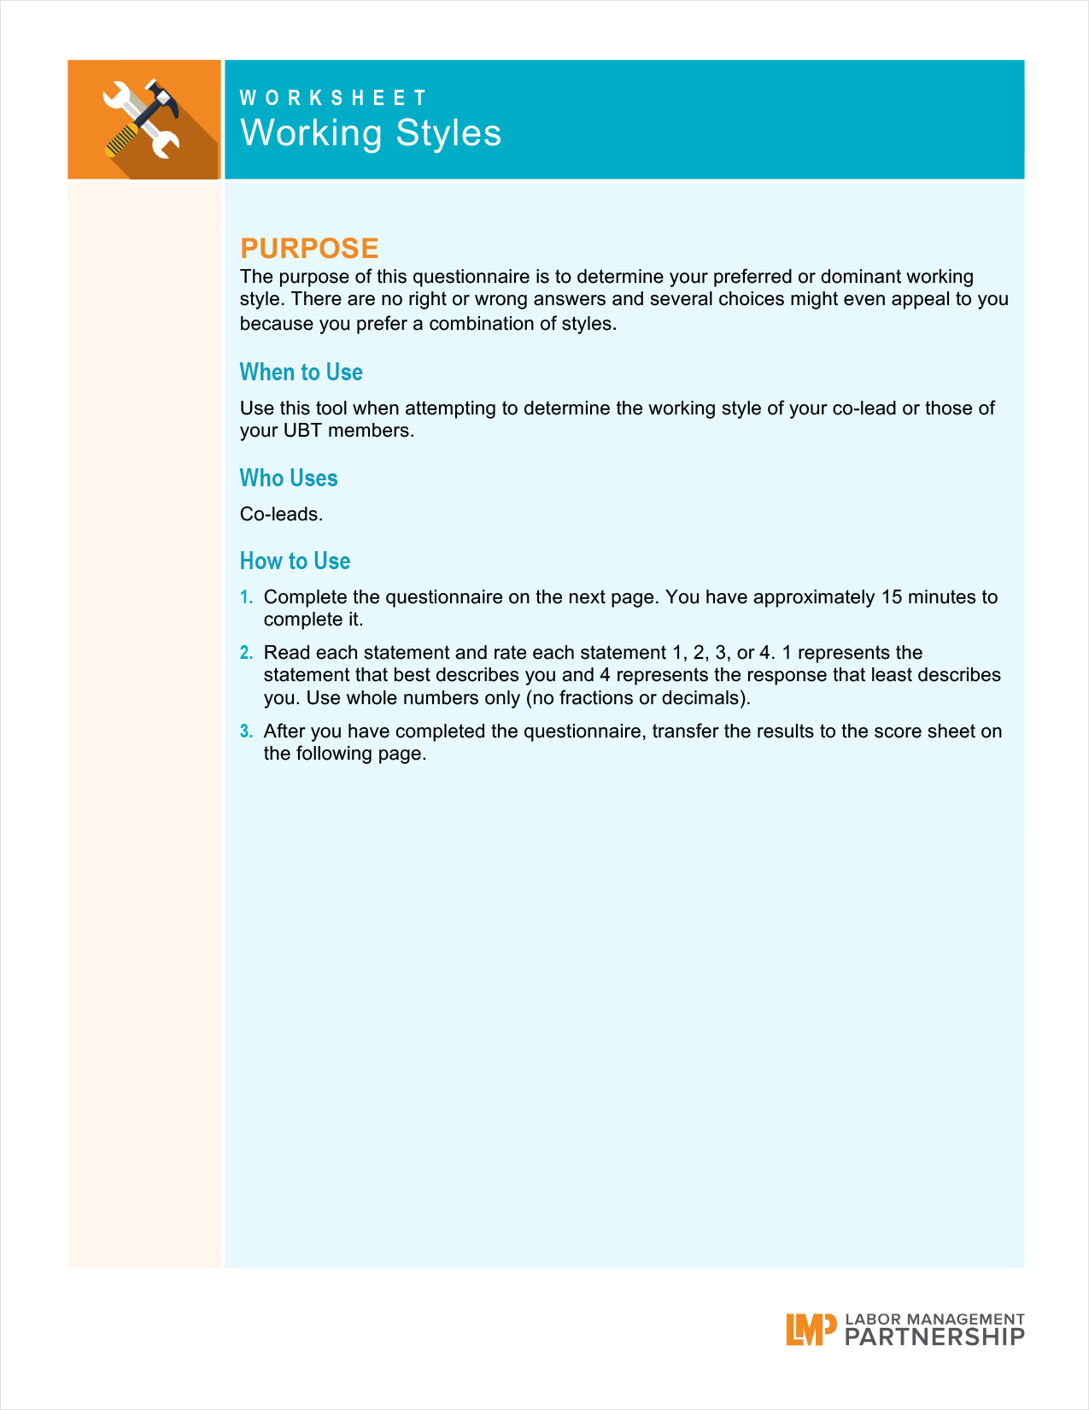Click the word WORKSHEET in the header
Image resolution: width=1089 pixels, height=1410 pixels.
(333, 98)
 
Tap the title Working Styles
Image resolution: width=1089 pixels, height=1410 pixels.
(371, 133)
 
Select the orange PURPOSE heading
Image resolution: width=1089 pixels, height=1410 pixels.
(309, 248)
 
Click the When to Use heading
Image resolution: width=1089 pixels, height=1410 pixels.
(301, 373)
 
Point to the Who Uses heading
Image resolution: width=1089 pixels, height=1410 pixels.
(289, 479)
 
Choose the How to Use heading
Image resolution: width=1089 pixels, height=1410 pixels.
(295, 561)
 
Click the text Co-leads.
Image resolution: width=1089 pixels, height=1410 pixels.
(281, 514)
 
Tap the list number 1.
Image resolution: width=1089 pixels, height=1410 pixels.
(246, 597)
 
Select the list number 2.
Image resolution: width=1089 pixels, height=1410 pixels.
(246, 654)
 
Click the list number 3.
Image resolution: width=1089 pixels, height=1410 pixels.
(246, 731)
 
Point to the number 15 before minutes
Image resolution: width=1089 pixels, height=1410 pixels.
(892, 597)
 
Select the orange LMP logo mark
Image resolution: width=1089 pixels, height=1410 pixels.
(810, 1330)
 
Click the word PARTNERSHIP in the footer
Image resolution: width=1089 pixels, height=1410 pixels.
(934, 1337)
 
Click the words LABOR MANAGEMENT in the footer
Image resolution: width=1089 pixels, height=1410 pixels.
(934, 1319)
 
